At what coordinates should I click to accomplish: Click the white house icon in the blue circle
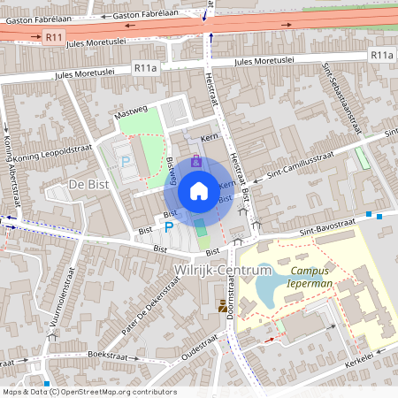pyautogui.click(x=199, y=190)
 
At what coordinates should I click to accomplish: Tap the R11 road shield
pyautogui.click(x=55, y=37)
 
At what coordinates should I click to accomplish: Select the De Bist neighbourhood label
pyautogui.click(x=87, y=183)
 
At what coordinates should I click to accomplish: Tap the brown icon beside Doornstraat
pyautogui.click(x=220, y=306)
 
